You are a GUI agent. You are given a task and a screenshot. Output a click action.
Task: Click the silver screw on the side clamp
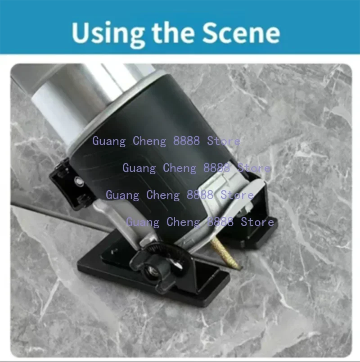click(79, 181)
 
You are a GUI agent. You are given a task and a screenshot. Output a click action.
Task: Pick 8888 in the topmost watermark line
click(186, 141)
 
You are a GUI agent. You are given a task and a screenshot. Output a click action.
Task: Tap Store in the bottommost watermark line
click(257, 222)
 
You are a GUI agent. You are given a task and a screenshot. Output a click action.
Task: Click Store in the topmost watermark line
click(224, 141)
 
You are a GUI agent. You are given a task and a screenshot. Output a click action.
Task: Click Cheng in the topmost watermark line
click(149, 141)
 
